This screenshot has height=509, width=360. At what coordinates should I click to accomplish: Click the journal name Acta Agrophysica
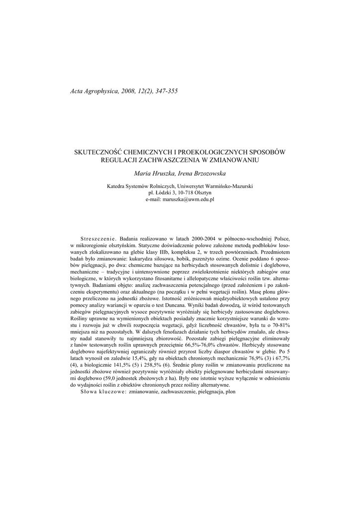coord(93,91)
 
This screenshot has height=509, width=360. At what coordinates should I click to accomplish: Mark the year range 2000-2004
coord(184,239)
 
